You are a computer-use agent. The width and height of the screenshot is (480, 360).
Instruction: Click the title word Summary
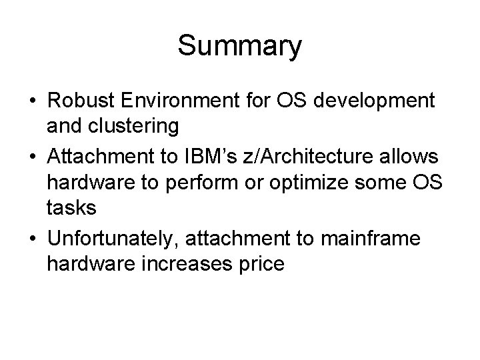(x=240, y=47)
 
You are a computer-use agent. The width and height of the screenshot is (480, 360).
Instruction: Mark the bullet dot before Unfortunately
(x=31, y=237)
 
